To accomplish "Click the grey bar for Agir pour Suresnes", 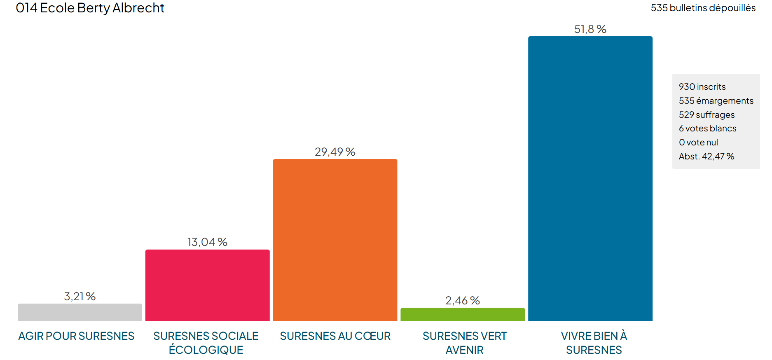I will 80,312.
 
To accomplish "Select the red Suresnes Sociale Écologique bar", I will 207,285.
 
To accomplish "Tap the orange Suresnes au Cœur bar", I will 335,240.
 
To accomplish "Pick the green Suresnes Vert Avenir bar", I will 462,314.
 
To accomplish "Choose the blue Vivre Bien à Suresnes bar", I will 590,178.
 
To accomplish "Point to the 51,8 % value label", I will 590,29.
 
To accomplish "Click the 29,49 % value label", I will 335,152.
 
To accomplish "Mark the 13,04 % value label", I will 207,242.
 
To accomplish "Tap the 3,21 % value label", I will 80,297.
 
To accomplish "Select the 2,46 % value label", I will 462,301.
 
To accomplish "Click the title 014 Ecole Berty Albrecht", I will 90,8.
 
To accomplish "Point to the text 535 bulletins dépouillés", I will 703,8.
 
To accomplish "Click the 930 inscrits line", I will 702,87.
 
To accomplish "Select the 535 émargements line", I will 716,101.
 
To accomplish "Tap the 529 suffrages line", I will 706,115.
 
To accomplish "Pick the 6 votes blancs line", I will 707,129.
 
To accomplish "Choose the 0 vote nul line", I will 698,143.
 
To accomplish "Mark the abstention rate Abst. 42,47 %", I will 706,157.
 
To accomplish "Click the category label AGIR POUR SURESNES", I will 76,336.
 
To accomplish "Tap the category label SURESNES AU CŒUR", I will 335,336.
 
